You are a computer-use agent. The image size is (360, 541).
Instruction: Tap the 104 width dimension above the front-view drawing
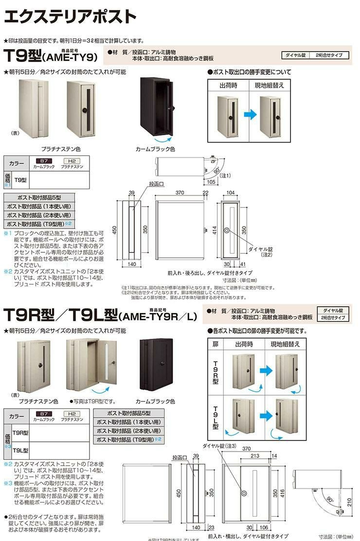(231, 193)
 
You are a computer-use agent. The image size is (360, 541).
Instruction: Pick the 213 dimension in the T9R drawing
(255, 455)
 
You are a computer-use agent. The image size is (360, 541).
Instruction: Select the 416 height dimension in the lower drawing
(282, 495)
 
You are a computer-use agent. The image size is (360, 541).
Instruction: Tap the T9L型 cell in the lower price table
(20, 450)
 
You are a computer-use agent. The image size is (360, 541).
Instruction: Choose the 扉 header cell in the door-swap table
(216, 343)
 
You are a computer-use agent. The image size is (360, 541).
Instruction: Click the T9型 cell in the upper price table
(20, 179)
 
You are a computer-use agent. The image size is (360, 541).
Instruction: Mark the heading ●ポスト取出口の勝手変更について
(249, 72)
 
